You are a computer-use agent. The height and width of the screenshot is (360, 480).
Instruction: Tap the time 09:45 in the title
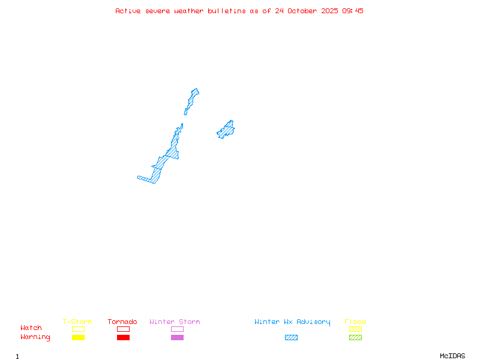coord(353,11)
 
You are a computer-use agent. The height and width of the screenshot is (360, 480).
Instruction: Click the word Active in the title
coord(128,11)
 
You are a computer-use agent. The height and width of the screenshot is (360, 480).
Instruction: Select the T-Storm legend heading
coord(77,322)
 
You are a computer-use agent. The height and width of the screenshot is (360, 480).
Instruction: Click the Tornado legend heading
coord(122,322)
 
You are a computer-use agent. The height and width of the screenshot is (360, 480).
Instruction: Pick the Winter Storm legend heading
coord(175,322)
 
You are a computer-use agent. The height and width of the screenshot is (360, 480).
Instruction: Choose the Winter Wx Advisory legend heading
coord(292,322)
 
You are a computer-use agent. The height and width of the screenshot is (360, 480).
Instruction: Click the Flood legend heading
coord(355,322)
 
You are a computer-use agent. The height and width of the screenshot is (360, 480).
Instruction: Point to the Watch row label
coord(31,328)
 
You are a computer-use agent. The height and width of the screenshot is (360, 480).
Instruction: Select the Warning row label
coord(35,337)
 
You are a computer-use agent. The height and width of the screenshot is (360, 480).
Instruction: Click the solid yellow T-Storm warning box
coord(78,338)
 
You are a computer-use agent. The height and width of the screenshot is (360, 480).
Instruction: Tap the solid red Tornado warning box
coord(123,338)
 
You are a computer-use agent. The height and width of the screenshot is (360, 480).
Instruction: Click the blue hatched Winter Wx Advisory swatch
coord(291,338)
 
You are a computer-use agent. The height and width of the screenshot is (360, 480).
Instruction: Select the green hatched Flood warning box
coord(355,338)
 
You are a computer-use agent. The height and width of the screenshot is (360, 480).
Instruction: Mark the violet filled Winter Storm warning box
coord(177,338)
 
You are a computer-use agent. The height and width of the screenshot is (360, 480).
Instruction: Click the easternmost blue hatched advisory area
coord(226,130)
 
